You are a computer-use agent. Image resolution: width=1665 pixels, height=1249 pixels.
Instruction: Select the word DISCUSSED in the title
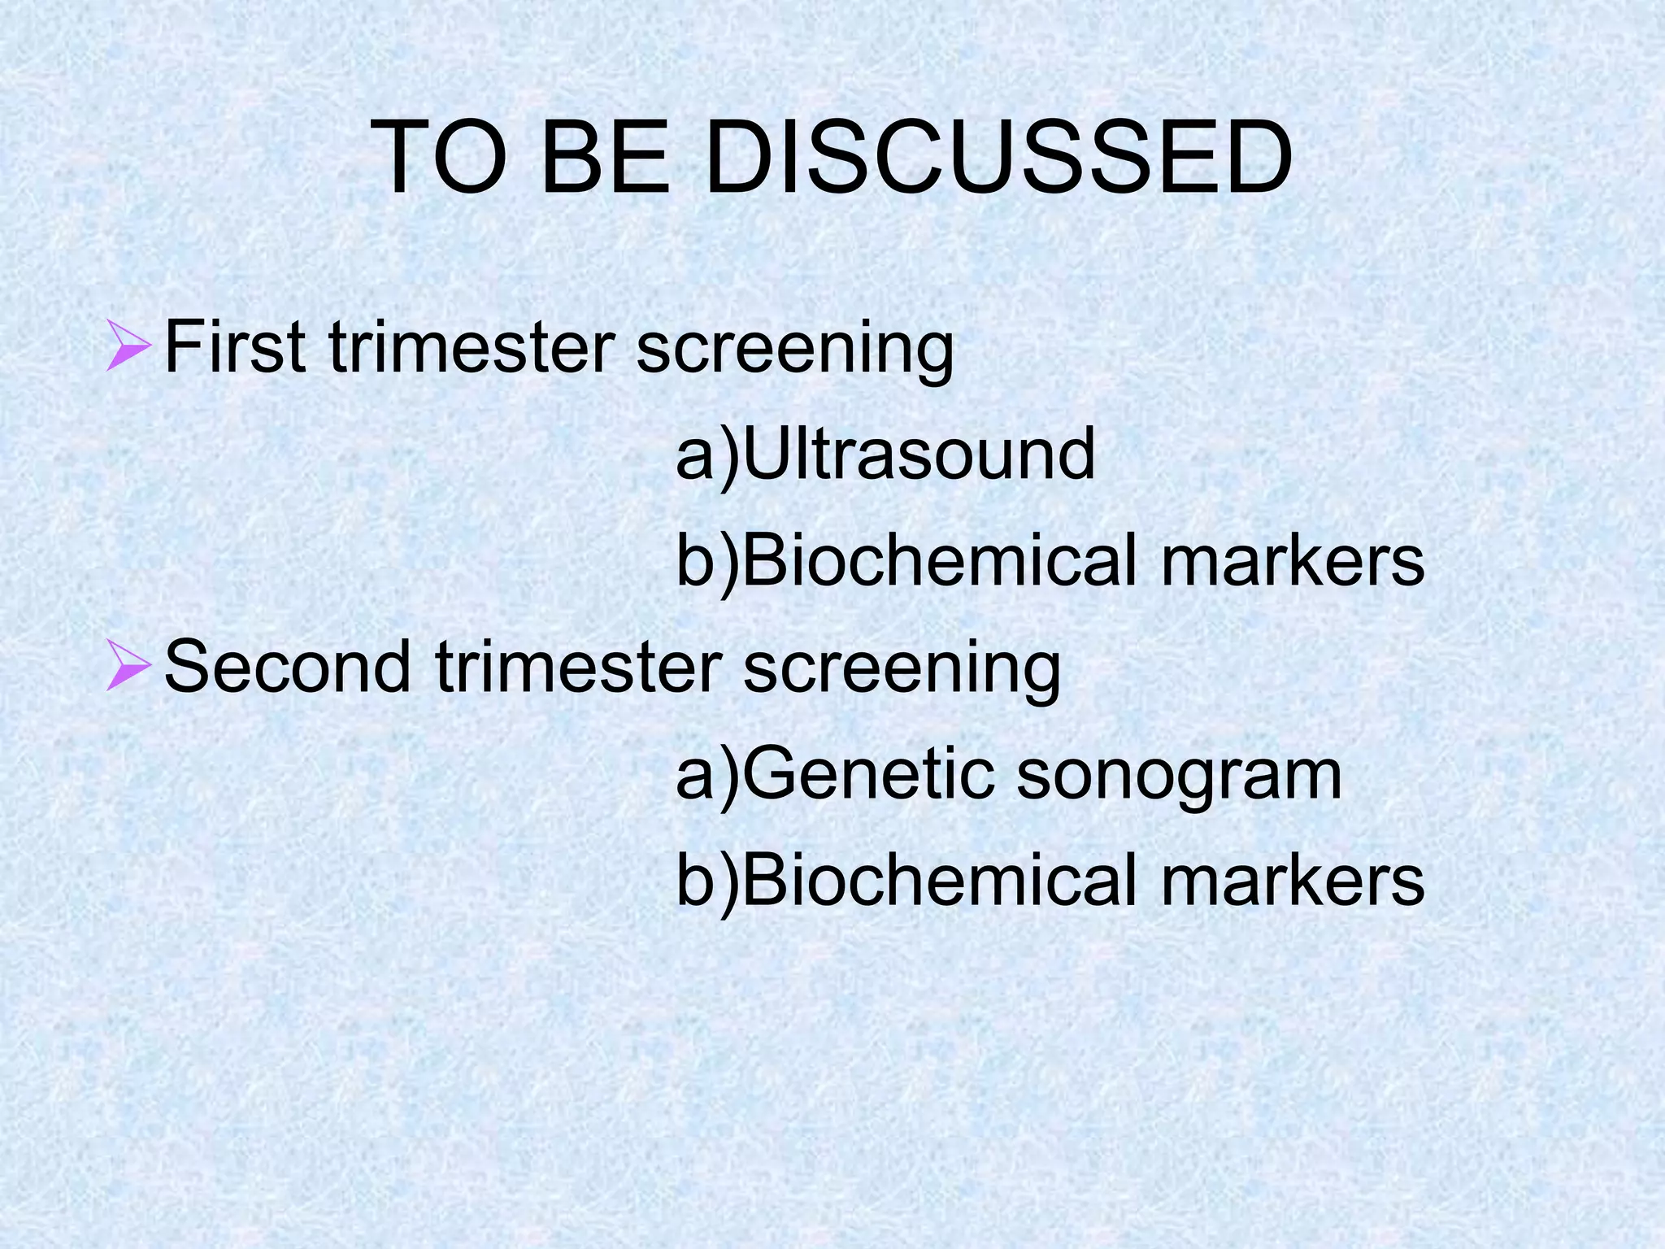pyautogui.click(x=998, y=158)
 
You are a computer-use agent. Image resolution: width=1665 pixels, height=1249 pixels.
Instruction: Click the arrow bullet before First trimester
pyautogui.click(x=128, y=346)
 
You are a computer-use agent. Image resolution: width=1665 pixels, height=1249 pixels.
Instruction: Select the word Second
pyautogui.click(x=288, y=667)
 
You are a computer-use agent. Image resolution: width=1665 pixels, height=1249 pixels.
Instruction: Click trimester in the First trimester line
pyautogui.click(x=472, y=347)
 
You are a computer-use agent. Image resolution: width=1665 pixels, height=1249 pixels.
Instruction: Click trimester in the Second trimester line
pyautogui.click(x=578, y=667)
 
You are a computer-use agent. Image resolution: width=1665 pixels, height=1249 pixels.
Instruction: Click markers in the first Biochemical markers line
pyautogui.click(x=1293, y=560)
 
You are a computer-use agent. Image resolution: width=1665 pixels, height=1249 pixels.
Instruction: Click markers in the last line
pyautogui.click(x=1293, y=880)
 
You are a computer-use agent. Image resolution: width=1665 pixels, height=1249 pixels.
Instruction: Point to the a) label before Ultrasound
pyautogui.click(x=707, y=455)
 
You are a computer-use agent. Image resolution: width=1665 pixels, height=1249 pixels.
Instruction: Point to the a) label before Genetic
pyautogui.click(x=707, y=775)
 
